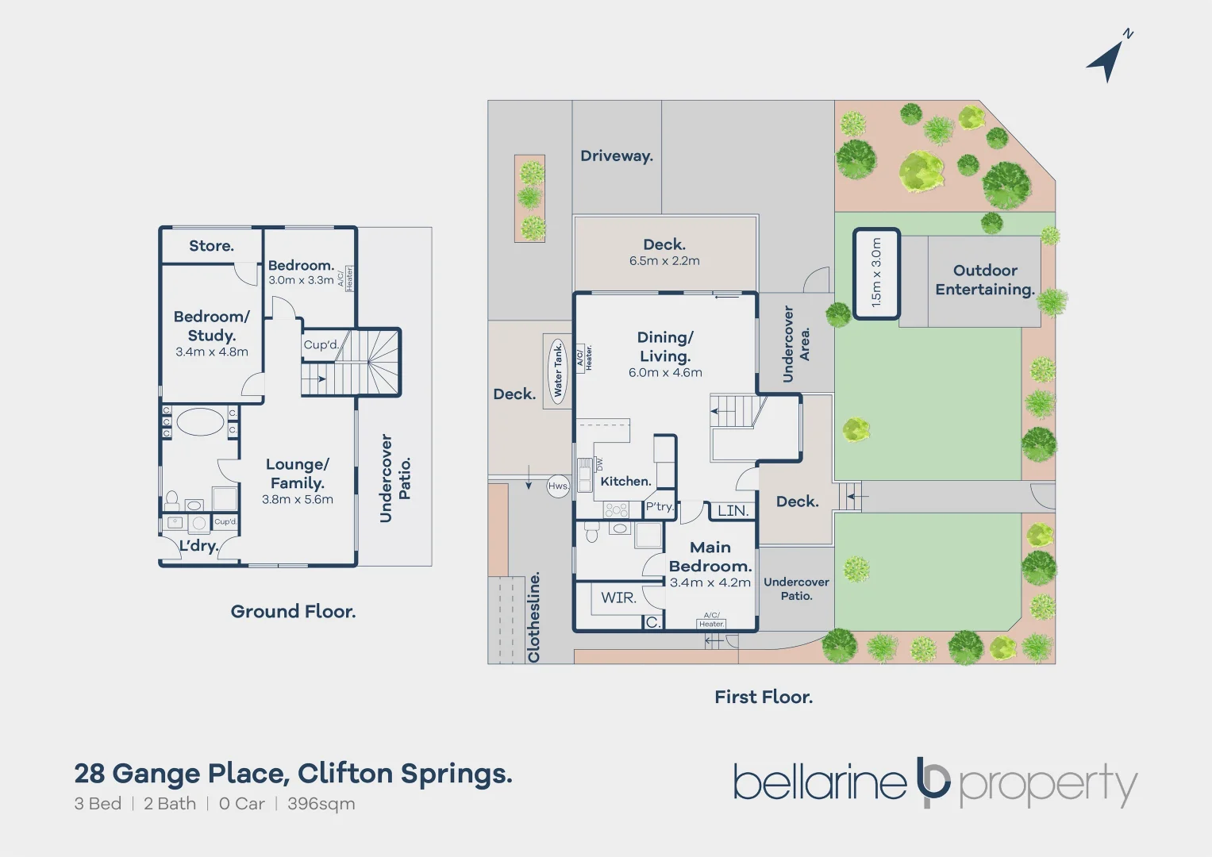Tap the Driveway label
(x=617, y=156)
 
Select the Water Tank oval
(x=558, y=370)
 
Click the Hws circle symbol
(x=558, y=486)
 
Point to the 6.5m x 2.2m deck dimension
(x=664, y=261)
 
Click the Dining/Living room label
(x=665, y=347)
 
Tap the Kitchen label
(x=625, y=482)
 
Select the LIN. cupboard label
(x=733, y=511)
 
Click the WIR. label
(x=618, y=598)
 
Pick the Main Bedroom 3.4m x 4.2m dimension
(x=710, y=582)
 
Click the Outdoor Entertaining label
(x=985, y=280)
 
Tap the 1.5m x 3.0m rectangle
(x=876, y=273)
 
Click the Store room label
(x=211, y=246)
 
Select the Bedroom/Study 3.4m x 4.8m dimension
(x=212, y=352)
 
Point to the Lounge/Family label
(x=297, y=474)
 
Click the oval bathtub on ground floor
(x=200, y=421)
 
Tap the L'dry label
(x=198, y=546)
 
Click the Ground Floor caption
(x=293, y=612)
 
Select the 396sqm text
(x=321, y=804)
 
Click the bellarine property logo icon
(x=933, y=782)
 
